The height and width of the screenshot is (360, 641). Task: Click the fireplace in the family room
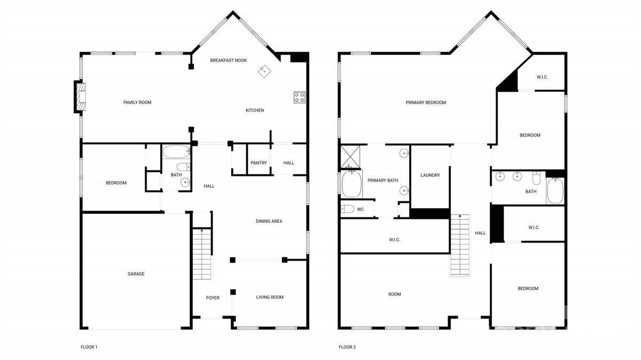80,97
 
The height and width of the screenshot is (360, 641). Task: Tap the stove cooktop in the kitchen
299,97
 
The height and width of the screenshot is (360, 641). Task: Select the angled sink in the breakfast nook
264,71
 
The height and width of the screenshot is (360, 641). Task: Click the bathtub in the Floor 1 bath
176,152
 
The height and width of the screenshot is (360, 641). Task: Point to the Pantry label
259,163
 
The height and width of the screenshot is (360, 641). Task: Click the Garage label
136,274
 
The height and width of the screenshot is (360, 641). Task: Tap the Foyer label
213,298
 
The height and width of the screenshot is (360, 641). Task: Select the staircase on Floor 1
202,254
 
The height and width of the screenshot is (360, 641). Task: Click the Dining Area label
269,221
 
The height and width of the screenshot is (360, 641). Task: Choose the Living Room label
270,298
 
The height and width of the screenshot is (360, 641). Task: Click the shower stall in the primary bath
350,157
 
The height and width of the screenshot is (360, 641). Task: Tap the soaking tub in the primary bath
351,184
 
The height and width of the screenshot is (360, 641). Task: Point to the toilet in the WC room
347,209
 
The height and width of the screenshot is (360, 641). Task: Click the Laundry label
430,175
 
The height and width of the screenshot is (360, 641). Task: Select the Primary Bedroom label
426,103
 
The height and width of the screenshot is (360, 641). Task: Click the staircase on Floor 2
460,245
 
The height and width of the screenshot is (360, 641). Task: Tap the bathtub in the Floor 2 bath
555,191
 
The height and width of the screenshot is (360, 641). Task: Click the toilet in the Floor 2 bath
536,178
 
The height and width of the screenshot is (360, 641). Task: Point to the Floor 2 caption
347,347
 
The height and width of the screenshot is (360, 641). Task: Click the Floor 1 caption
89,347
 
